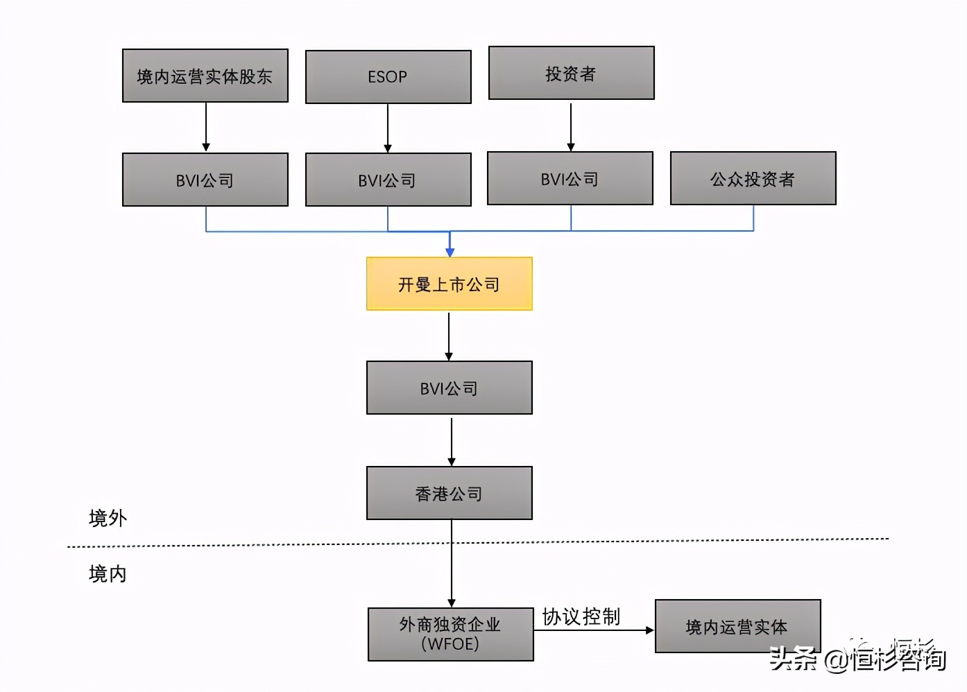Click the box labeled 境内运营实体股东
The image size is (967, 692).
coord(205,76)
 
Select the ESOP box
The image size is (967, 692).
coord(388,77)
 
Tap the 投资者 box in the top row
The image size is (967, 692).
coord(571,73)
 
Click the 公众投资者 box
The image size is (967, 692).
coord(753,179)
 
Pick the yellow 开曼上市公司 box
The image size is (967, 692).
coord(449,284)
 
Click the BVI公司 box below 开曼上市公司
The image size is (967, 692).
coord(449,388)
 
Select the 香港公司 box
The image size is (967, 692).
coord(449,494)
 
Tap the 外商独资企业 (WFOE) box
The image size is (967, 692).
coord(450,634)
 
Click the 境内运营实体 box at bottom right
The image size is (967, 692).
coord(737,627)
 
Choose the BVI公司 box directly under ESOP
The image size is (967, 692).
coord(388,180)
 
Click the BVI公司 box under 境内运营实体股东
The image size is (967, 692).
coord(205,180)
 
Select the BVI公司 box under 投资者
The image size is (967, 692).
coord(570,179)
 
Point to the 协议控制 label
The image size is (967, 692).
coord(581,616)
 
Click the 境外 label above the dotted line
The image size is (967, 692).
coord(108,518)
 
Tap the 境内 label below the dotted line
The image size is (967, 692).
coord(108,574)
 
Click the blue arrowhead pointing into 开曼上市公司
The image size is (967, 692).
coord(450,252)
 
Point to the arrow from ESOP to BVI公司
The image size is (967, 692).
coord(388,128)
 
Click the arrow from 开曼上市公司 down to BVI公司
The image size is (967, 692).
coord(449,336)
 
